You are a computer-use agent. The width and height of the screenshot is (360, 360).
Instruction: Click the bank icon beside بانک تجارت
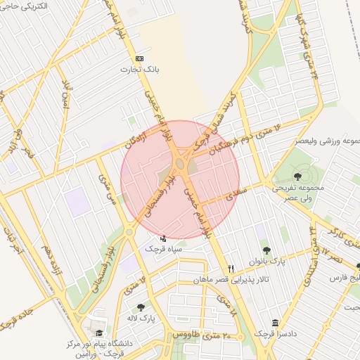tap(139, 58)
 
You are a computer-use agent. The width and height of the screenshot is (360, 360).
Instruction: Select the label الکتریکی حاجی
tap(25, 6)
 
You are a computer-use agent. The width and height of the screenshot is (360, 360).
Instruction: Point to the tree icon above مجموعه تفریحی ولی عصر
tap(297, 176)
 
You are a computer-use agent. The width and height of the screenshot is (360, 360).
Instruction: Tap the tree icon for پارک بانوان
tap(266, 250)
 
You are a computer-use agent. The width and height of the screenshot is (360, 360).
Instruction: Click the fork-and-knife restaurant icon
tap(231, 269)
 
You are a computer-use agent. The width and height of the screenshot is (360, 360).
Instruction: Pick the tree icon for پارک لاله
tap(141, 307)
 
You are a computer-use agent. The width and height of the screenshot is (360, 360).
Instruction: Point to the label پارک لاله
tap(160, 318)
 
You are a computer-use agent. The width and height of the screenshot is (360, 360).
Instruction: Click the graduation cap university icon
tap(98, 333)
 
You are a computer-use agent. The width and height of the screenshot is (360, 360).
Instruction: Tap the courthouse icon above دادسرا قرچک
tap(274, 322)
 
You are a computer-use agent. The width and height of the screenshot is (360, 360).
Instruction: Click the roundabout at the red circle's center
tap(180, 167)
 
